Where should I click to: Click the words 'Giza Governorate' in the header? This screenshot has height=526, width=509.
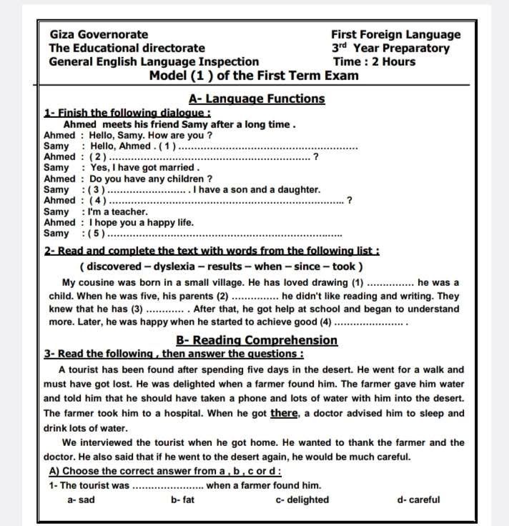click(x=99, y=34)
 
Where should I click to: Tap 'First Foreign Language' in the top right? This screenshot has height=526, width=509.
click(x=395, y=34)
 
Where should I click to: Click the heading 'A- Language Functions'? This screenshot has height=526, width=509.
click(x=257, y=99)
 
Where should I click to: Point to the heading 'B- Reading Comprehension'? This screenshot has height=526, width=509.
click(x=257, y=340)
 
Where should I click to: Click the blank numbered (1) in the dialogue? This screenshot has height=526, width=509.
click(x=268, y=146)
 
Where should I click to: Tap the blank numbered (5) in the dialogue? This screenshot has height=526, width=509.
click(x=222, y=233)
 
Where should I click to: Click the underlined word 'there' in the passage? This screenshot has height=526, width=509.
click(x=284, y=413)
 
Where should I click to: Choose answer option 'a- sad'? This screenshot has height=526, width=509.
click(x=81, y=500)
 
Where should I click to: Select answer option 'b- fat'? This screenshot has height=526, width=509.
click(x=182, y=500)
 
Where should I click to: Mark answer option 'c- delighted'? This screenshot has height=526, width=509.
click(x=302, y=500)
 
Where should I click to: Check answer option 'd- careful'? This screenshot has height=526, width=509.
click(x=418, y=500)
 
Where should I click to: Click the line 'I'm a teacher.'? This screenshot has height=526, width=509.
click(x=119, y=212)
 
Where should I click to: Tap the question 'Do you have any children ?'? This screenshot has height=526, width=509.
click(x=151, y=179)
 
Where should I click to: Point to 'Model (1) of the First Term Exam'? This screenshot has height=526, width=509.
click(x=254, y=75)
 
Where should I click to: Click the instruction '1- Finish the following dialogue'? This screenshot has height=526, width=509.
click(x=127, y=113)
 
